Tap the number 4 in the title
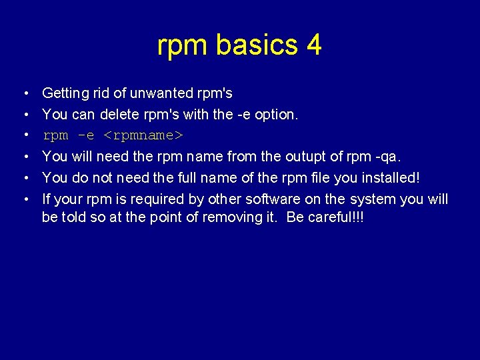[x=314, y=45]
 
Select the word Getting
[x=65, y=93]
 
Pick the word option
[x=276, y=115]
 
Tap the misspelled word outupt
[x=312, y=157]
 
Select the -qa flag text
[x=390, y=157]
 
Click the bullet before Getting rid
[x=24, y=93]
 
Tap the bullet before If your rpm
[x=24, y=199]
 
